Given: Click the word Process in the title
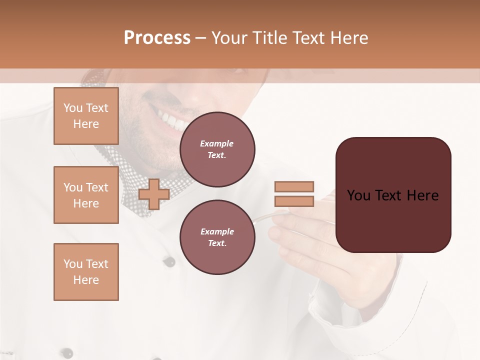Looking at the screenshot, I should (157, 38).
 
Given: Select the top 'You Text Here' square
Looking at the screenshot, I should (86, 116).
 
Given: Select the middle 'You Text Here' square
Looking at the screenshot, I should (86, 195).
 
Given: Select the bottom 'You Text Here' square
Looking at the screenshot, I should (86, 272).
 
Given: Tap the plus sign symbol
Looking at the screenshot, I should (153, 194).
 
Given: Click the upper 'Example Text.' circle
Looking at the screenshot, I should (217, 149).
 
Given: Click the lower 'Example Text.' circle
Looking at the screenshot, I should (217, 237).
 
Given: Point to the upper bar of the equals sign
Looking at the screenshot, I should (294, 186).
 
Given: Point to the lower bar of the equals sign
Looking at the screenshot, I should (294, 201).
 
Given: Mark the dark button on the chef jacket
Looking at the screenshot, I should (169, 261).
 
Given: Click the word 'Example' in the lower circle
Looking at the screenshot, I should (217, 231).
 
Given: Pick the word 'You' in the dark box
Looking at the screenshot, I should (358, 195).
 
